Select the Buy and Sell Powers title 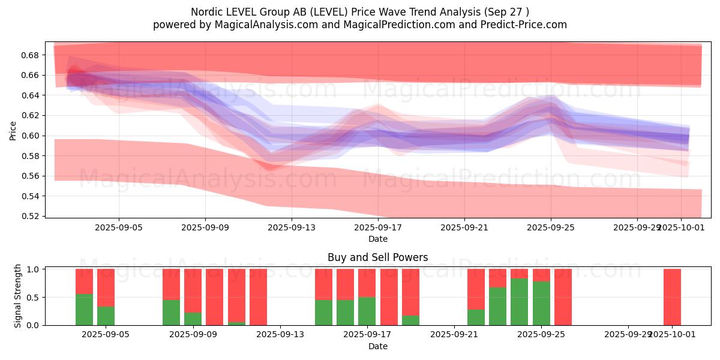point(377,257)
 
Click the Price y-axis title point(13,130)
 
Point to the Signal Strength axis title point(18,296)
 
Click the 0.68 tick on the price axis point(31,55)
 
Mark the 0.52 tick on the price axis point(31,216)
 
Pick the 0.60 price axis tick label point(31,136)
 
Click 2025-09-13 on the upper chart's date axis point(292,228)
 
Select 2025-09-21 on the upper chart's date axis point(464,228)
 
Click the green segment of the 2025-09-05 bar point(106,316)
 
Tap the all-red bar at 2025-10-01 point(672,297)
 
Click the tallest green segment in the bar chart point(520,302)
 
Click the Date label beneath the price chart point(377,239)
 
